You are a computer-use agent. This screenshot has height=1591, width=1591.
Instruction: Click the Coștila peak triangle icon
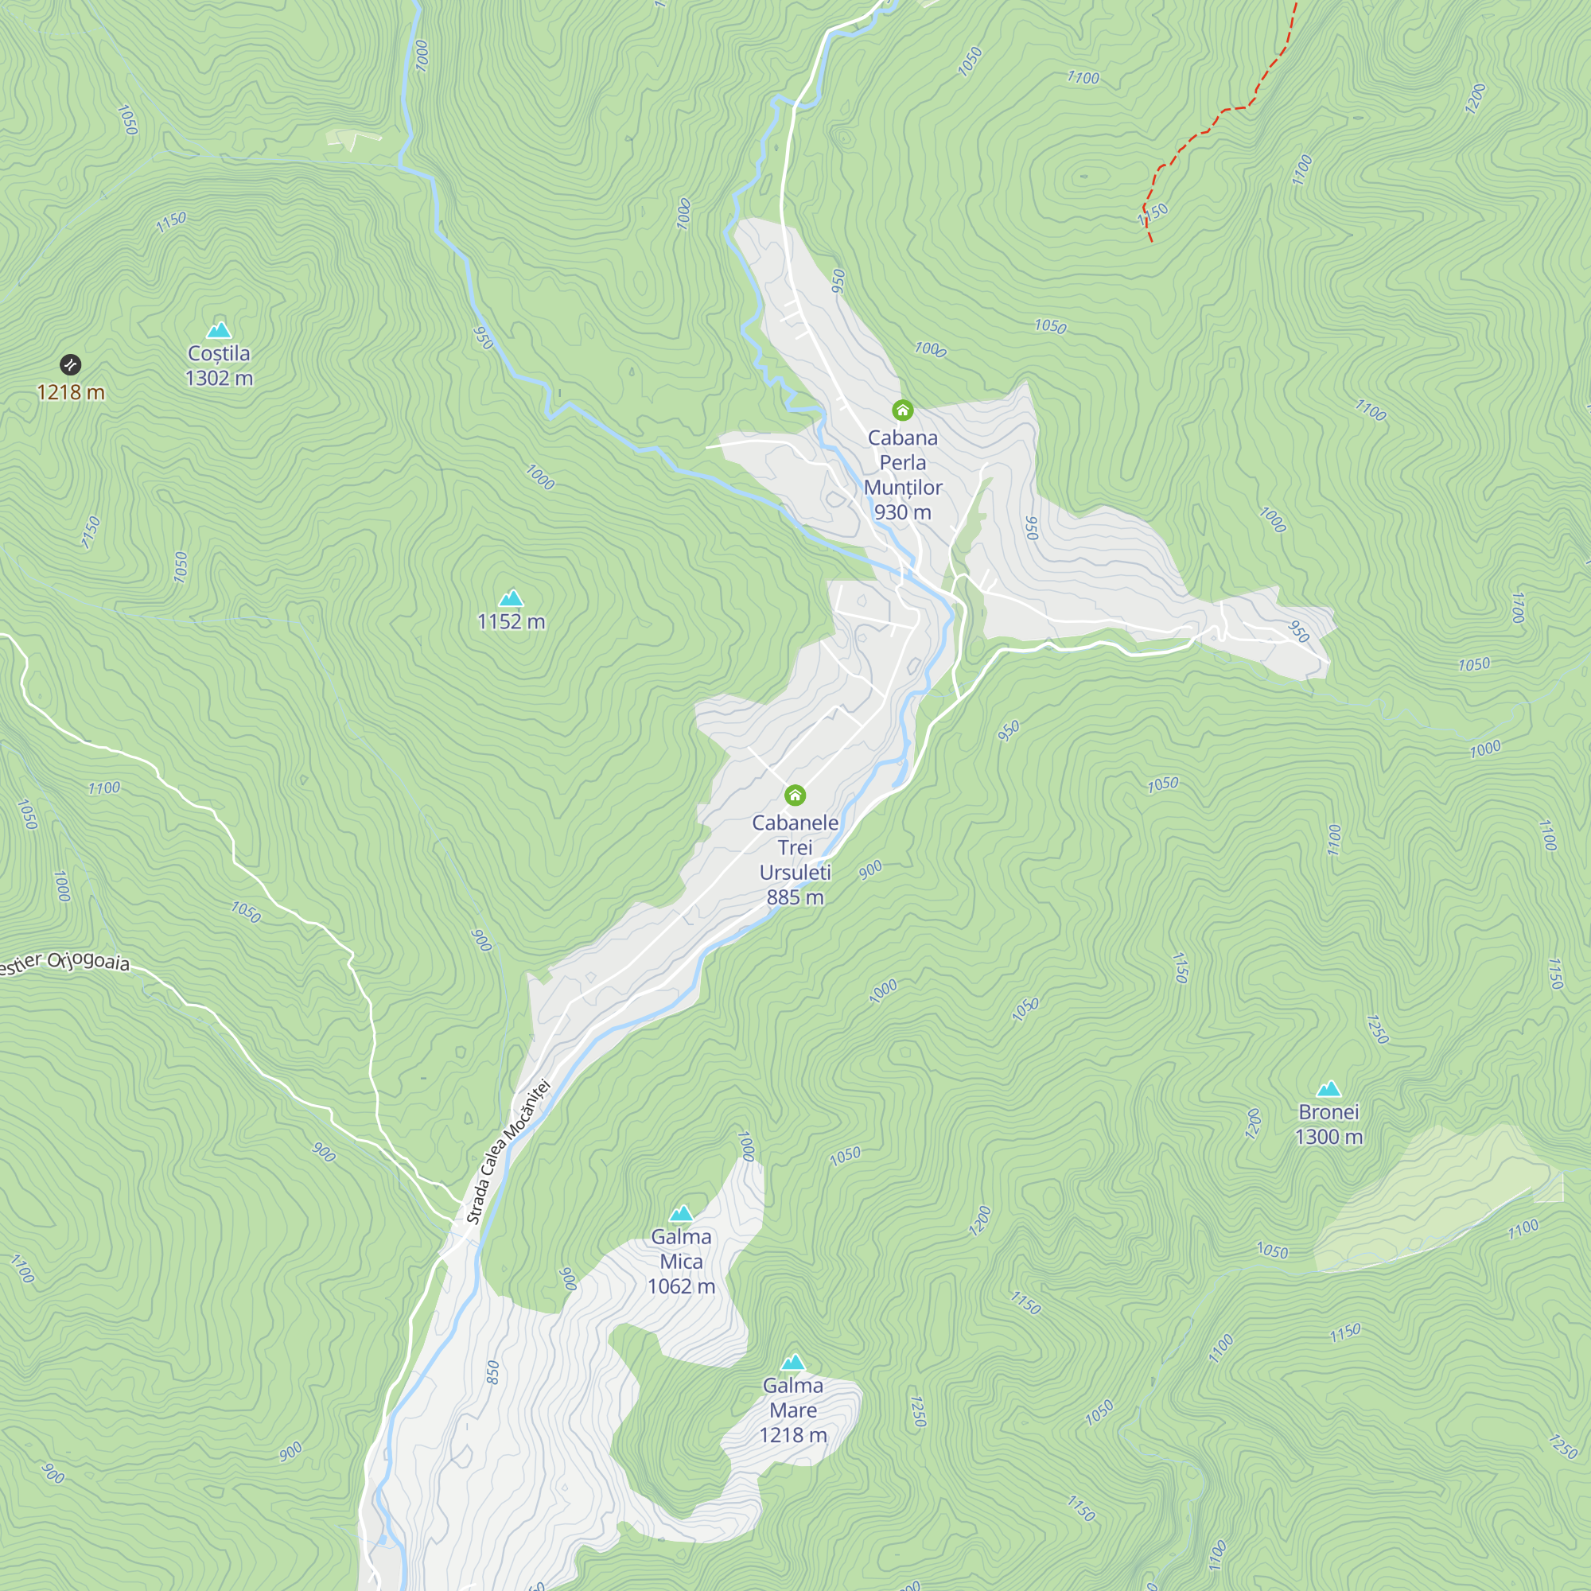[x=218, y=331]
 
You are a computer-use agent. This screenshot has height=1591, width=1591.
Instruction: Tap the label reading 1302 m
[x=219, y=378]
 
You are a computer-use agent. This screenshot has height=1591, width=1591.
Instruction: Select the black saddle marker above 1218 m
[x=71, y=364]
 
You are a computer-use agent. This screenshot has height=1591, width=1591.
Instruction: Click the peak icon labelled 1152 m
[x=512, y=598]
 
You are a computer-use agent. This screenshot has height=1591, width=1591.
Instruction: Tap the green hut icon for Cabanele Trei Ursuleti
[x=795, y=795]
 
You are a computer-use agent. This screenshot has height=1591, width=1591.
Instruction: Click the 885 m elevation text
[x=795, y=897]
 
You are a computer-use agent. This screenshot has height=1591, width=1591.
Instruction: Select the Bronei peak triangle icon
[x=1328, y=1090]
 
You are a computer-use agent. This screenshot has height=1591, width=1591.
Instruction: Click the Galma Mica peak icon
[x=681, y=1213]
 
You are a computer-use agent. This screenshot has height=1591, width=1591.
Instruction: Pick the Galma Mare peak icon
[x=793, y=1362]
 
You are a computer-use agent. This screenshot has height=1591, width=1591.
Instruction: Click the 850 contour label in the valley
[x=492, y=1372]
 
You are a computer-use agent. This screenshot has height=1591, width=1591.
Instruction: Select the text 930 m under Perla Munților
[x=903, y=512]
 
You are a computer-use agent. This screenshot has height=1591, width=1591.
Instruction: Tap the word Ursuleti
[x=795, y=872]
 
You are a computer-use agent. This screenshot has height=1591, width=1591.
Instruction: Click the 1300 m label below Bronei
[x=1328, y=1138]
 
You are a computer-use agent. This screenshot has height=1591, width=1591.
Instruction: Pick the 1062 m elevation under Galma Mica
[x=681, y=1286]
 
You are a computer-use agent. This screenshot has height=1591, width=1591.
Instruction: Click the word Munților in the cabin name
[x=903, y=488]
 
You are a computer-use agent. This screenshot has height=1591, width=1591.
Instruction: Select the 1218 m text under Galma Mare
[x=793, y=1435]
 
